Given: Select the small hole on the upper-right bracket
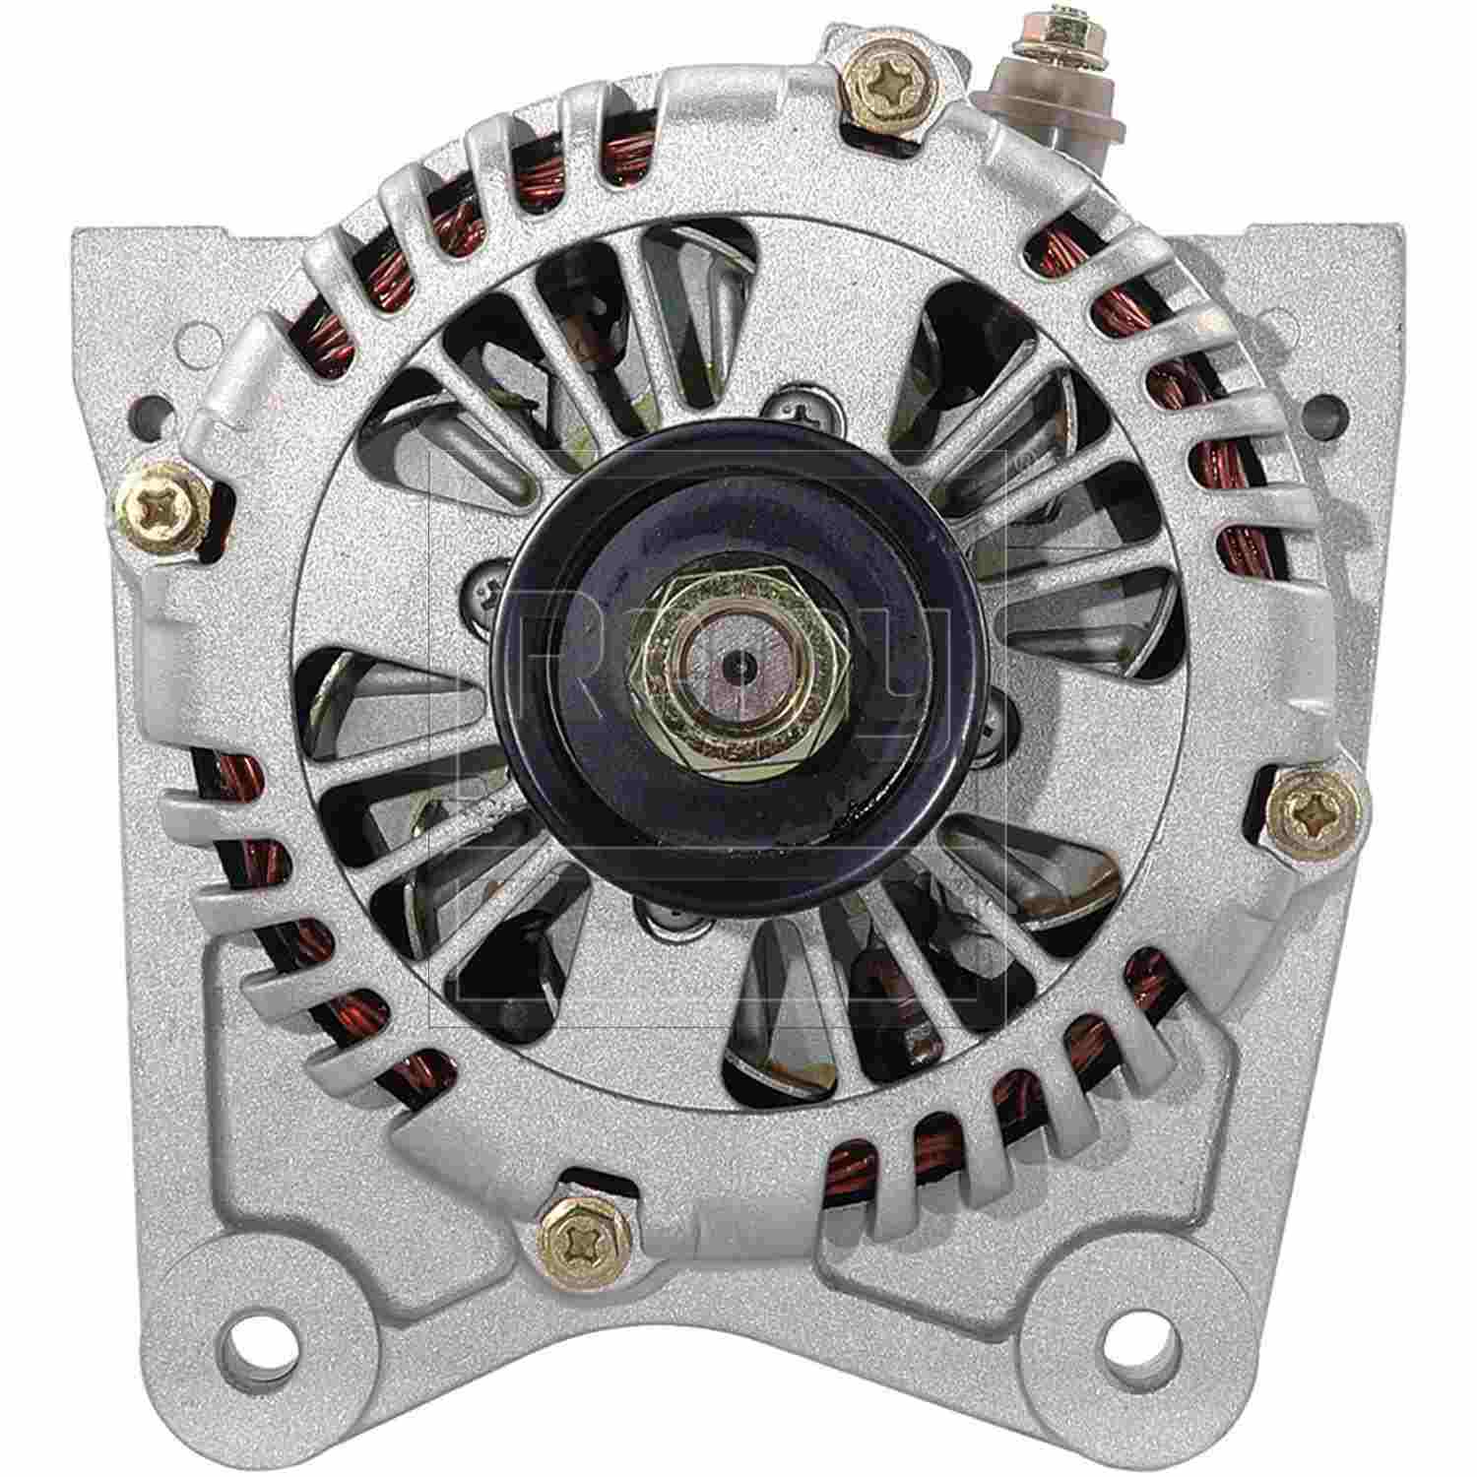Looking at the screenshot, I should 1326,405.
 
